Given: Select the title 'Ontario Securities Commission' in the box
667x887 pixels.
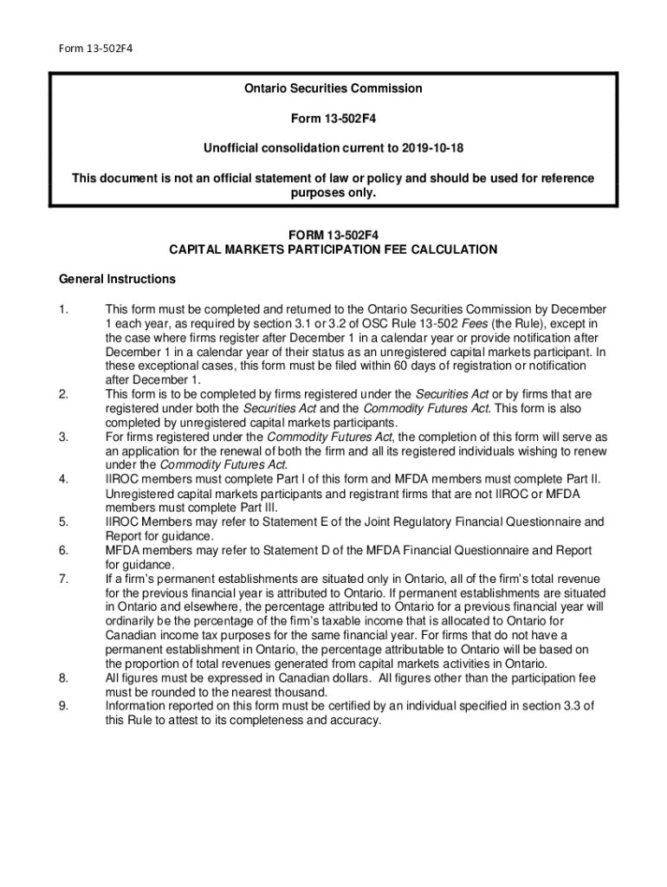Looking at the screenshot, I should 333,88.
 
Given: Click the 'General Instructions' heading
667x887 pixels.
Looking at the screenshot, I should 117,279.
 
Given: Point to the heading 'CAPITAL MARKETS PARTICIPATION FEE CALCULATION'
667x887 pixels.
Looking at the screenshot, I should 333,249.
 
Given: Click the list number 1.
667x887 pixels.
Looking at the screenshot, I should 62,309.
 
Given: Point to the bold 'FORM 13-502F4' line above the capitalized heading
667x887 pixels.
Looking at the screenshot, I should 333,234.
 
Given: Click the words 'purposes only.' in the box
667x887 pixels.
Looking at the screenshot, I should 333,193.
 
